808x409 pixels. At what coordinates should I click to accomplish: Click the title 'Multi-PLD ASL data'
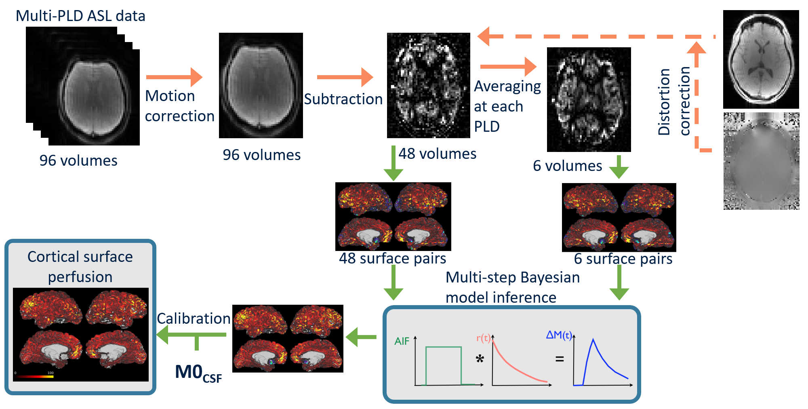[x=80, y=16]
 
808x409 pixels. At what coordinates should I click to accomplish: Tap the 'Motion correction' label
[x=179, y=106]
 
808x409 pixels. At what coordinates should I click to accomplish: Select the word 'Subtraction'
[x=343, y=99]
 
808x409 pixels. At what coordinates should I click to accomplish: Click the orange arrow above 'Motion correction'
[x=174, y=77]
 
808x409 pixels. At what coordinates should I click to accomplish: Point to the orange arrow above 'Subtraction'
[x=345, y=77]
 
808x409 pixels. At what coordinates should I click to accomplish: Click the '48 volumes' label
[x=437, y=154]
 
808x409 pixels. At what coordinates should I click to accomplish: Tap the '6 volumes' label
[x=567, y=166]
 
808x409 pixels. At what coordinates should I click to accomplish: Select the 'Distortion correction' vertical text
[x=673, y=101]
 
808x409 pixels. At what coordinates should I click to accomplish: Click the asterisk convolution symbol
[x=480, y=358]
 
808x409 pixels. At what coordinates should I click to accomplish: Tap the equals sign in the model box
[x=560, y=358]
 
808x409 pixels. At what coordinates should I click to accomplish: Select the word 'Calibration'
[x=194, y=318]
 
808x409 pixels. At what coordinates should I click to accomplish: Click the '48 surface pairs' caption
[x=392, y=259]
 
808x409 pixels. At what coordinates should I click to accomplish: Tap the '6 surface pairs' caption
[x=623, y=259]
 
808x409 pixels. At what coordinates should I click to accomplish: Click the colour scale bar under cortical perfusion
[x=35, y=376]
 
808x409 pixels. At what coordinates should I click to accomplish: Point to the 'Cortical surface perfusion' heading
[x=80, y=267]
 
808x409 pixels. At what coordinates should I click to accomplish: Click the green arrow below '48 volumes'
[x=393, y=164]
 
